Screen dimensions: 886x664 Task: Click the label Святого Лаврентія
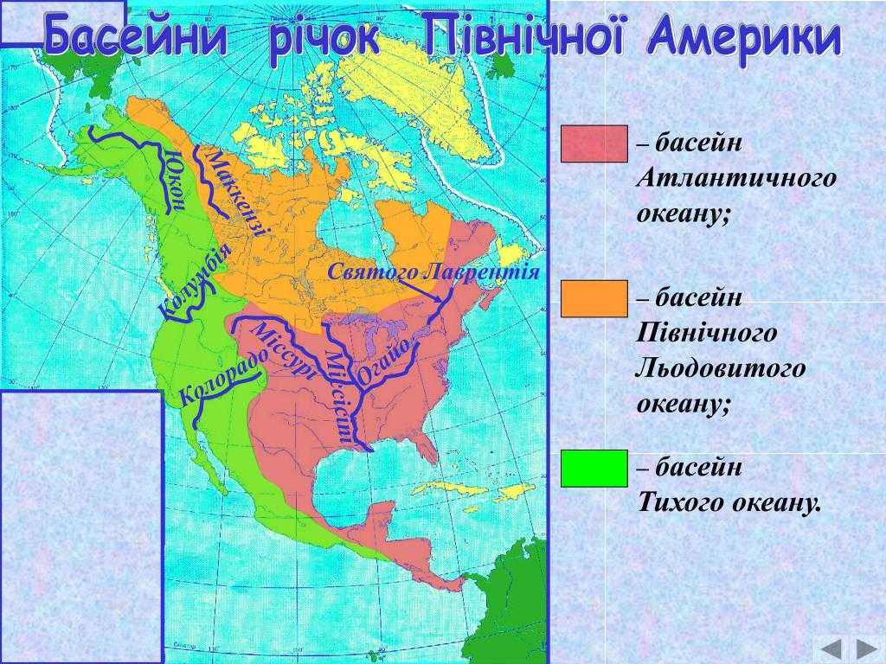tap(433, 272)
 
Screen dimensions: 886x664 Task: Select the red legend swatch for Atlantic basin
tap(594, 144)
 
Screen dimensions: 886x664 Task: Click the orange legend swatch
tap(594, 298)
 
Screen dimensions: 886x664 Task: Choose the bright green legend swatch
tap(594, 468)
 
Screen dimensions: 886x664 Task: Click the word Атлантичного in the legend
tap(736, 179)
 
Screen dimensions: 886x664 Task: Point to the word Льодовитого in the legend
tap(721, 368)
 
